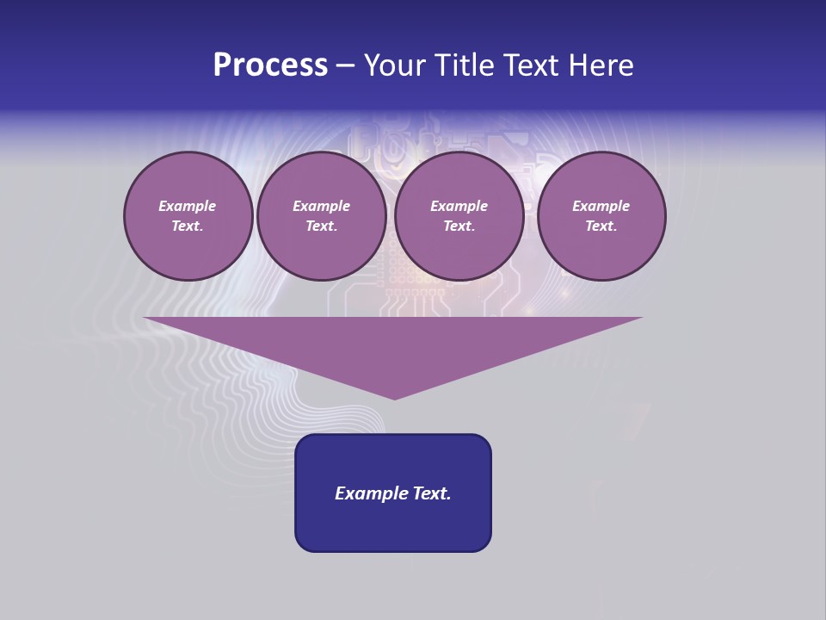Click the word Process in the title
(270, 65)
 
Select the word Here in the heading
(600, 65)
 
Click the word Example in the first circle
(187, 206)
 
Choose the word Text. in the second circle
(321, 226)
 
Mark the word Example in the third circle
(459, 206)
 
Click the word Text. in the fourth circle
(601, 226)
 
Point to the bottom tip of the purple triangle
(394, 397)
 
